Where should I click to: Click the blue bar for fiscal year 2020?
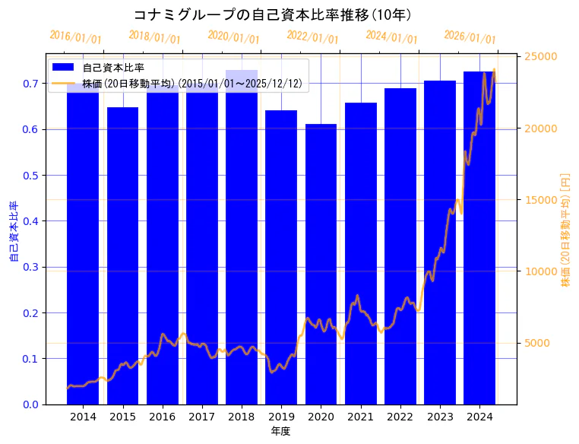(321, 266)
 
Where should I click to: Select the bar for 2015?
(122, 258)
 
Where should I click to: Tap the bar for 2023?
(440, 243)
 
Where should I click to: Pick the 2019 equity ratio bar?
(281, 258)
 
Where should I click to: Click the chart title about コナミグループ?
(272, 14)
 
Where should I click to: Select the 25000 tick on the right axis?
(543, 56)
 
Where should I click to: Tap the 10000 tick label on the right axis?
(543, 271)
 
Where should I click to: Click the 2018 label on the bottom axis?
(241, 417)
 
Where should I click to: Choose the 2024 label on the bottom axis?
(479, 417)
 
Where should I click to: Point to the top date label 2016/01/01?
(75, 37)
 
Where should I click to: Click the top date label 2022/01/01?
(312, 37)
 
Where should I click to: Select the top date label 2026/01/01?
(470, 37)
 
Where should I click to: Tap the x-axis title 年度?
(280, 431)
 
